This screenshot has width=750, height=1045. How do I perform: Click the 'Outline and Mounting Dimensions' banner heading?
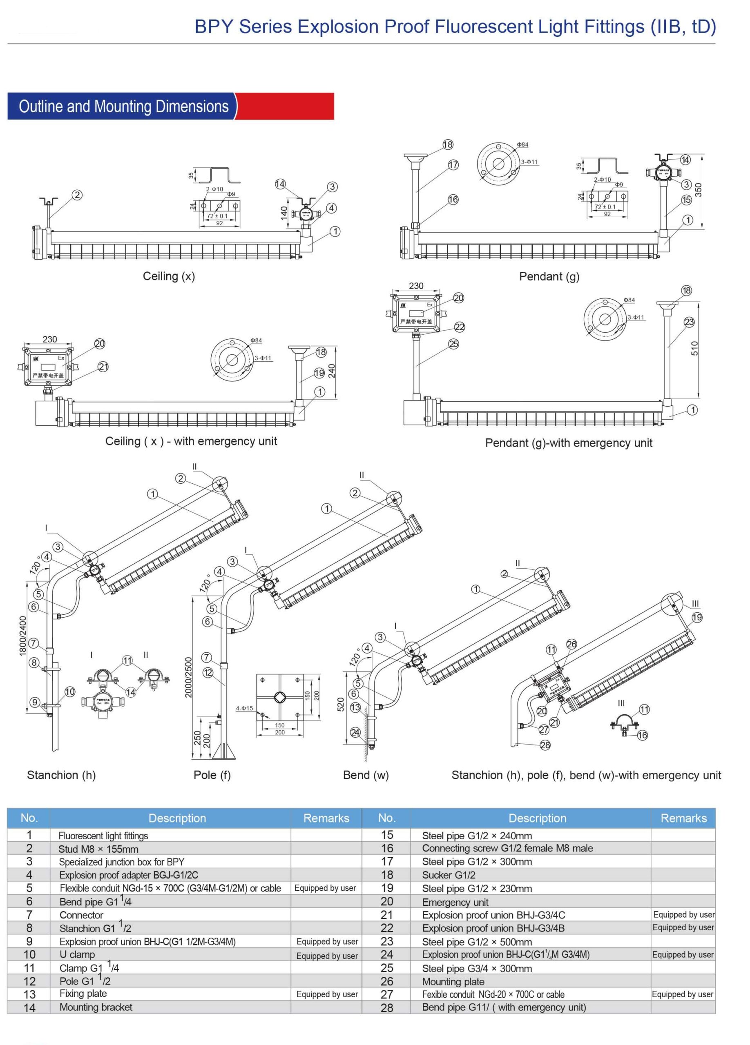click(123, 107)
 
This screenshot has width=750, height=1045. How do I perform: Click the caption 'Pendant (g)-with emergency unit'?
click(568, 443)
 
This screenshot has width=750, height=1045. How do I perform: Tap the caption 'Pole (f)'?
click(212, 775)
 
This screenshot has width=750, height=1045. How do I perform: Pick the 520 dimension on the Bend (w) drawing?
click(340, 705)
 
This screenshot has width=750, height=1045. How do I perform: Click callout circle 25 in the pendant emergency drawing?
click(453, 344)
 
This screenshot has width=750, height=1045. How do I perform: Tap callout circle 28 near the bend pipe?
click(545, 745)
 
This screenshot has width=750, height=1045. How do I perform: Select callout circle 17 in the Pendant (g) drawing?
click(453, 165)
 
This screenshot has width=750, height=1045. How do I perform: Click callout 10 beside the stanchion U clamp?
click(69, 691)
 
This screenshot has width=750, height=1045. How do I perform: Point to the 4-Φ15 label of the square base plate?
click(244, 708)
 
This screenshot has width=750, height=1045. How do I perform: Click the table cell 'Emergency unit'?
click(455, 902)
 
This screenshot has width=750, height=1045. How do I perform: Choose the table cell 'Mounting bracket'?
click(96, 1007)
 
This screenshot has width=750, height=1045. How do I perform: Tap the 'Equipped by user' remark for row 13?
click(327, 994)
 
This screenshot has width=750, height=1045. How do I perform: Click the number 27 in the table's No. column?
click(387, 994)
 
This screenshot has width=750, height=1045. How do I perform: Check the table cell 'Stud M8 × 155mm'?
click(98, 849)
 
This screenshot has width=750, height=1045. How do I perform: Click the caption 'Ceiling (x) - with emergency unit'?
click(191, 441)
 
